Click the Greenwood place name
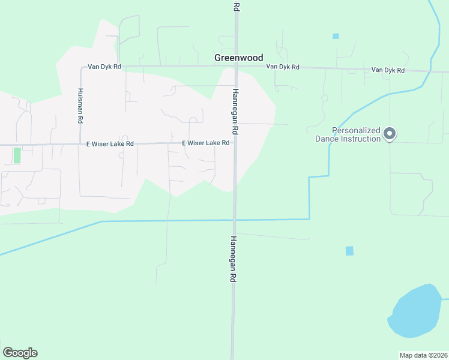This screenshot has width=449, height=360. tap(238, 58)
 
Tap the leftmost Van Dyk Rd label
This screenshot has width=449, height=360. tap(104, 67)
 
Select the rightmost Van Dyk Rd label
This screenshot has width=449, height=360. tap(388, 70)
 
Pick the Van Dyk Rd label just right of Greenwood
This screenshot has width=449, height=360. tap(282, 67)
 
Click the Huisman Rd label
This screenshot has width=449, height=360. tap(80, 106)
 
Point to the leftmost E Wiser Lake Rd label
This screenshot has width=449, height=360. tap(109, 144)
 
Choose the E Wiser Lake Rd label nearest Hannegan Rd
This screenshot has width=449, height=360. tap(206, 143)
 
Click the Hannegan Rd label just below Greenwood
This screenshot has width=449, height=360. tap(235, 112)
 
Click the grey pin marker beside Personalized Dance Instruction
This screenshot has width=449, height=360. tap(390, 134)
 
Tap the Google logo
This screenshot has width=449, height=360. tap(20, 353)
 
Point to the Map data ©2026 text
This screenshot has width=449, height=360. tap(423, 355)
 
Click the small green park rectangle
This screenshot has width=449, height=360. tap(17, 155)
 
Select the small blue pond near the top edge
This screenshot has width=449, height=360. tap(336, 36)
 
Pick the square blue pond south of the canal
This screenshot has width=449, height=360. tap(349, 251)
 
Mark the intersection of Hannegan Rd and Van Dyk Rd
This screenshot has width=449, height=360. tap(237, 66)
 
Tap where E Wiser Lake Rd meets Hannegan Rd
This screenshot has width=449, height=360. tap(235, 143)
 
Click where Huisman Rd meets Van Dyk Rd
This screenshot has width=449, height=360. tap(81, 67)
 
